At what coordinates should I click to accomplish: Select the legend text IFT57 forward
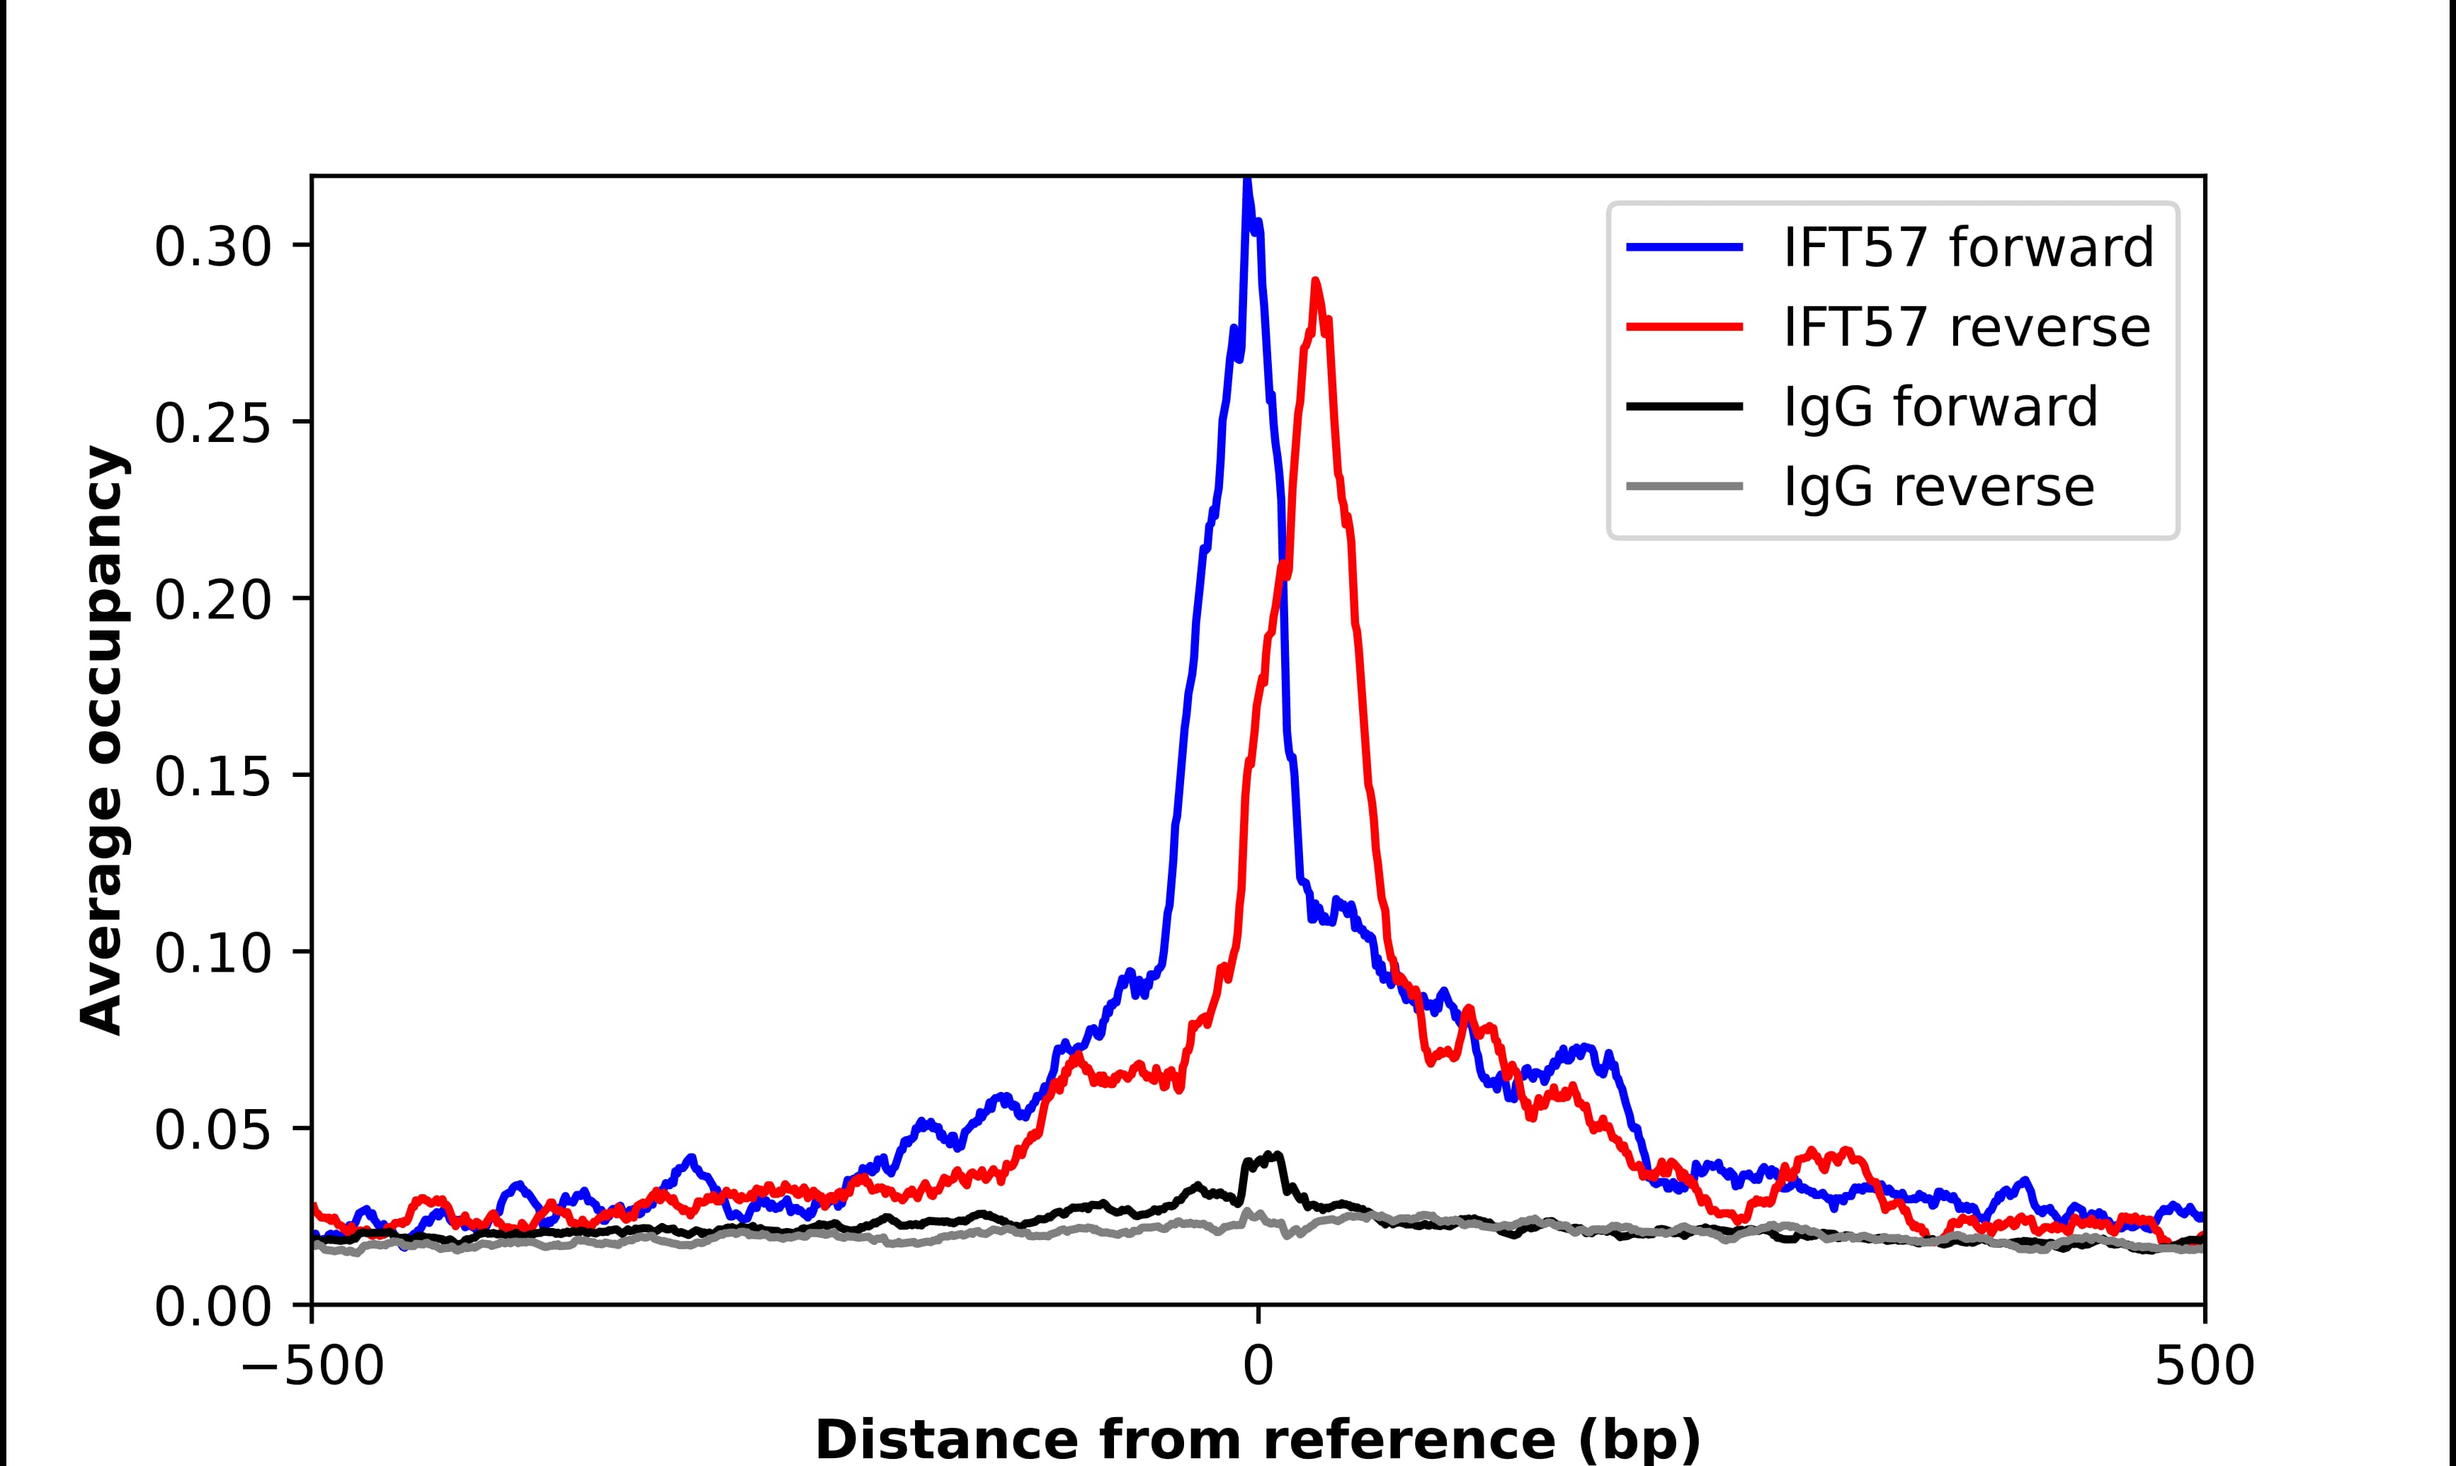click(x=1968, y=247)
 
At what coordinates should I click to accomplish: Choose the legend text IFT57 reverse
click(x=1966, y=327)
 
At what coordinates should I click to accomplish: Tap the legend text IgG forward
click(x=1940, y=407)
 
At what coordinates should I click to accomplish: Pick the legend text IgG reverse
click(x=1938, y=487)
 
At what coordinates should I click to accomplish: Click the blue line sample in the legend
click(x=1685, y=247)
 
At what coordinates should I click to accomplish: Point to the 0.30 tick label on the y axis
click(x=212, y=247)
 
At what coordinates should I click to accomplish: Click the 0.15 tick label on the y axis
click(x=212, y=776)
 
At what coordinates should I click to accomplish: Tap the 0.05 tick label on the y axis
click(x=212, y=1130)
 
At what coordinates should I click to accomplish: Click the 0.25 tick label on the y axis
click(x=212, y=424)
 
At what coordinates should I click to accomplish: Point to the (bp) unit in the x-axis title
click(x=1639, y=1441)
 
